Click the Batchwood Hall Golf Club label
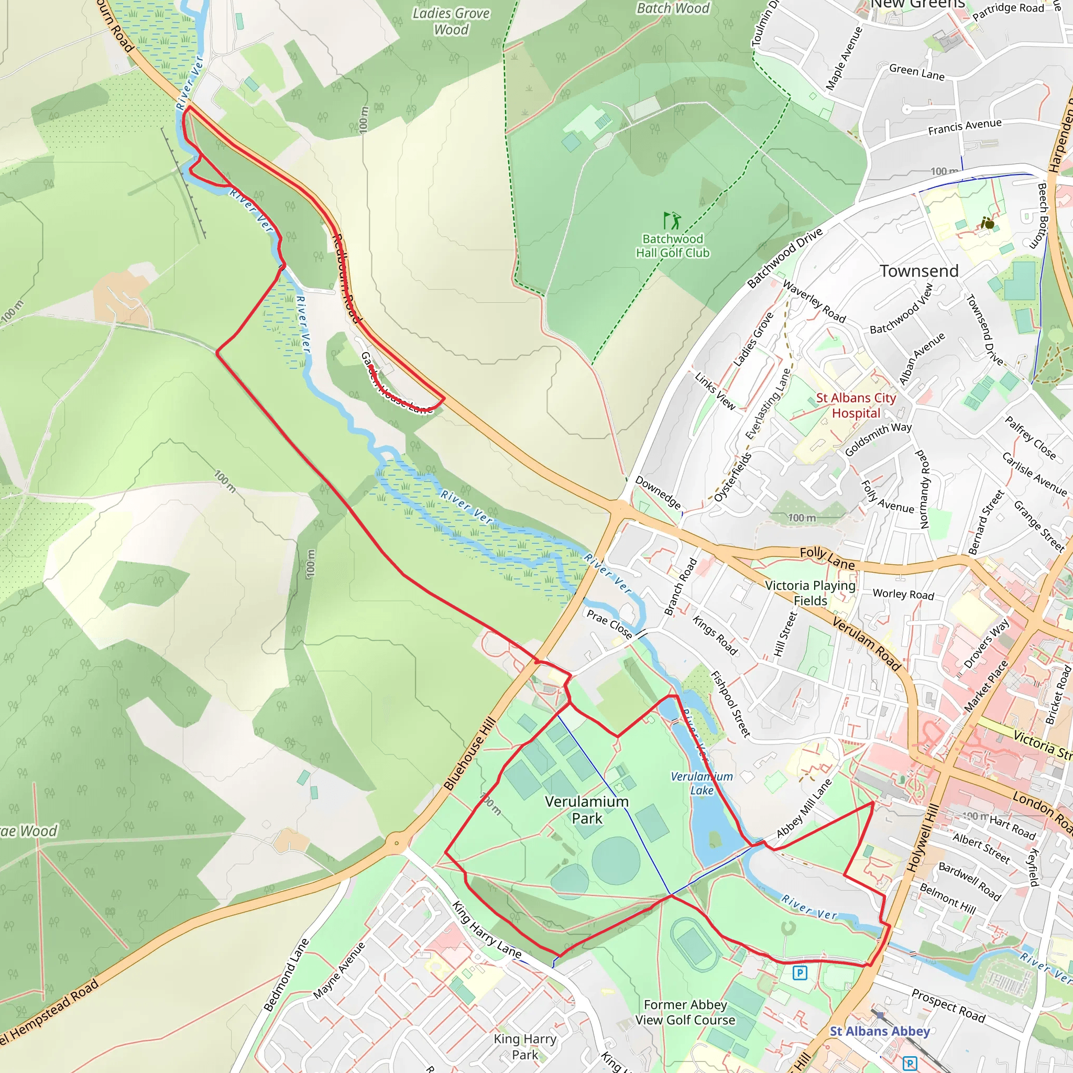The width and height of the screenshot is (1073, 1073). tap(673, 246)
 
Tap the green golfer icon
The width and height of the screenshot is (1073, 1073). tap(672, 221)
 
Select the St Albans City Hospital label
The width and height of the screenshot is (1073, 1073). tap(856, 406)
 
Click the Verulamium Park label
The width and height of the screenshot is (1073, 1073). tap(587, 810)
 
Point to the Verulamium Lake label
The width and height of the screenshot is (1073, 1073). tap(702, 783)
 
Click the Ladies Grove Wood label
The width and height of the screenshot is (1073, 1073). tap(451, 21)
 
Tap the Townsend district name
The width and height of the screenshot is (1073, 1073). tap(919, 271)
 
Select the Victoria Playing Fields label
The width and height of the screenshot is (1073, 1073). tap(811, 593)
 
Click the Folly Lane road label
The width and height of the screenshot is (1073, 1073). tap(827, 557)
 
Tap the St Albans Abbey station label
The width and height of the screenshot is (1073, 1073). tap(880, 1031)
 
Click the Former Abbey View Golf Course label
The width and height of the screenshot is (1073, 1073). tap(685, 1012)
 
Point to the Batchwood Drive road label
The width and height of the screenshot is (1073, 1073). tap(784, 258)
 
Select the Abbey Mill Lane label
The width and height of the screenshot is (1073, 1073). tap(804, 808)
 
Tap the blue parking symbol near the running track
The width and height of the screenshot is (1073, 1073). tap(800, 972)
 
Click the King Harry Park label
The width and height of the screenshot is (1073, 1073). tap(525, 1046)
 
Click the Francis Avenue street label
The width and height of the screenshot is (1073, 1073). tap(965, 127)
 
